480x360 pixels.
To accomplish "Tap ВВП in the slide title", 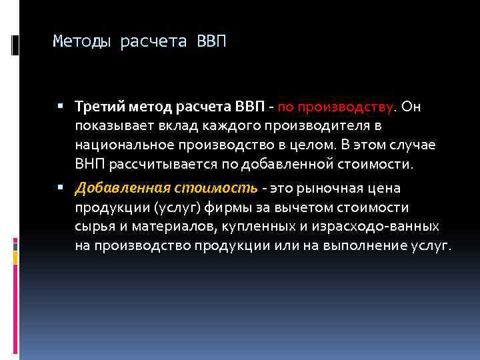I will click(x=212, y=43).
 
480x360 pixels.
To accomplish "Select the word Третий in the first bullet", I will click(x=97, y=107).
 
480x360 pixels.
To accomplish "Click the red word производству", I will click(x=337, y=107).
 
